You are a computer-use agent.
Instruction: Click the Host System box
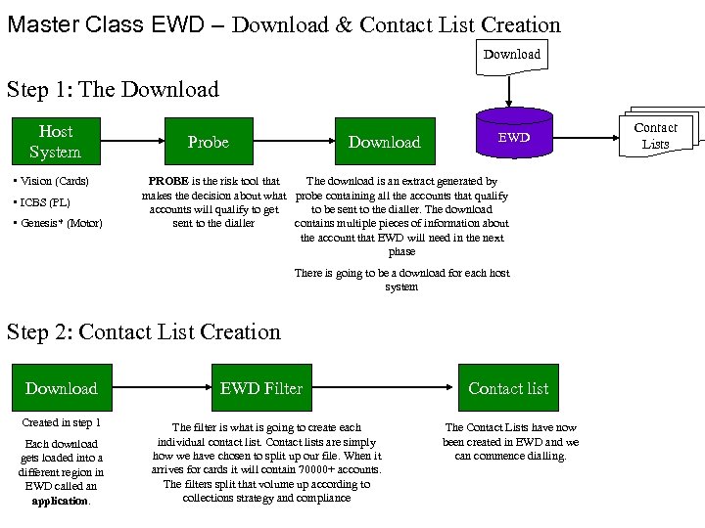(x=56, y=142)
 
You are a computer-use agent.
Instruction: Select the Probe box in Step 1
(x=208, y=142)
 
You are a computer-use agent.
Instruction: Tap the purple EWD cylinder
(x=513, y=137)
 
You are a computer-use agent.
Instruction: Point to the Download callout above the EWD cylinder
(x=511, y=56)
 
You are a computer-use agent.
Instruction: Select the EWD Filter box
(x=261, y=388)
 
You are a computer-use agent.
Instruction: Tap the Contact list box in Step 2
(x=508, y=388)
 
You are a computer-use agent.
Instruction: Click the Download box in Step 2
(x=62, y=388)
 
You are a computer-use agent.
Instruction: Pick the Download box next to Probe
(x=384, y=142)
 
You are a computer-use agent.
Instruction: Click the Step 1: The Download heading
(x=113, y=90)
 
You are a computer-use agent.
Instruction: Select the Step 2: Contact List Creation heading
(x=144, y=332)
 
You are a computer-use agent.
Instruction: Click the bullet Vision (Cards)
(x=57, y=181)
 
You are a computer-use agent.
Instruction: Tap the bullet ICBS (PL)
(x=43, y=202)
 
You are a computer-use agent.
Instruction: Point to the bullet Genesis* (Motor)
(x=60, y=223)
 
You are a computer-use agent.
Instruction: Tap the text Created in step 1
(x=61, y=422)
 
